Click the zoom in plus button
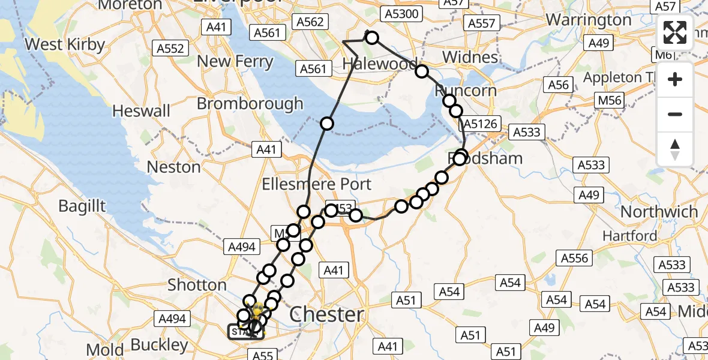(675, 79)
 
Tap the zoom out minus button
(675, 114)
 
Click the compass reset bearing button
(675, 149)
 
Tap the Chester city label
(326, 314)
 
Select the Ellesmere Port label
(317, 184)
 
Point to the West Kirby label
(65, 44)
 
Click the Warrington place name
(589, 20)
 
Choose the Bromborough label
(250, 103)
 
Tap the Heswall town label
(141, 110)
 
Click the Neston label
(173, 167)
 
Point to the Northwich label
(659, 212)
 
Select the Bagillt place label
(82, 206)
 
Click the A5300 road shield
(403, 14)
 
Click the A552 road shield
(170, 49)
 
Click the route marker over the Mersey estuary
(327, 124)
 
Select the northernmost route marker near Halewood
(372, 38)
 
